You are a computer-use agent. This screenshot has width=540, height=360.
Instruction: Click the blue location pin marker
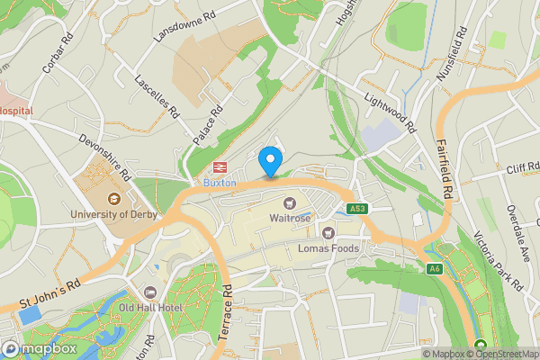[269, 161]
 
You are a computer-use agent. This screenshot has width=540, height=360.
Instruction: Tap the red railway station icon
[219, 167]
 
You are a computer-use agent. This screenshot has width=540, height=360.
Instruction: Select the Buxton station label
[219, 182]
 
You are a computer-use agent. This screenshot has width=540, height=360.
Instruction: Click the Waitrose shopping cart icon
[290, 202]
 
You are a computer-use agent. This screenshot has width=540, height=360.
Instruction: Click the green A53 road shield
[358, 209]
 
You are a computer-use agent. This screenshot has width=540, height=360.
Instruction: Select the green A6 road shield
[435, 268]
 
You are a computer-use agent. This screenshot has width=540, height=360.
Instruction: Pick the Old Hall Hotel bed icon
[149, 292]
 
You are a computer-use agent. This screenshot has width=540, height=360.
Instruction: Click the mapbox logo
[38, 348]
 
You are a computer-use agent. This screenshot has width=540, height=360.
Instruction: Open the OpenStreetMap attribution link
[507, 354]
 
